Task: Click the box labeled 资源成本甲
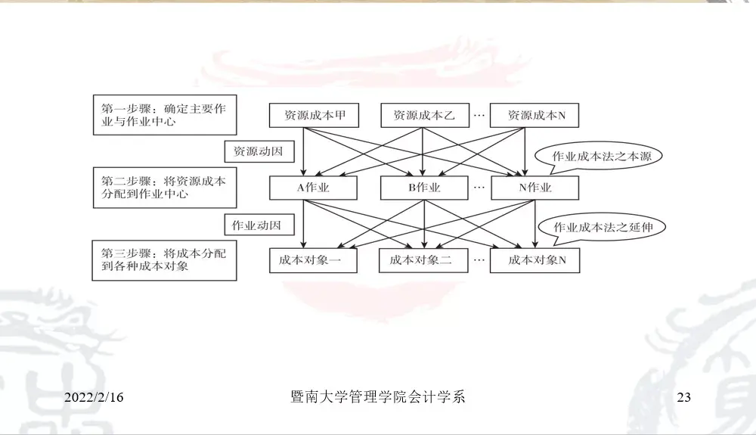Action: point(314,116)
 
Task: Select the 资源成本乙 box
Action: point(423,116)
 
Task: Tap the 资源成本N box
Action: point(534,116)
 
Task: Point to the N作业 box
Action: point(534,188)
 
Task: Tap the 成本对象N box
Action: point(534,260)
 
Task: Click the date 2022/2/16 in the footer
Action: point(94,397)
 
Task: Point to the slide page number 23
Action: point(684,397)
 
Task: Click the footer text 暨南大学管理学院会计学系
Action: point(377,396)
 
